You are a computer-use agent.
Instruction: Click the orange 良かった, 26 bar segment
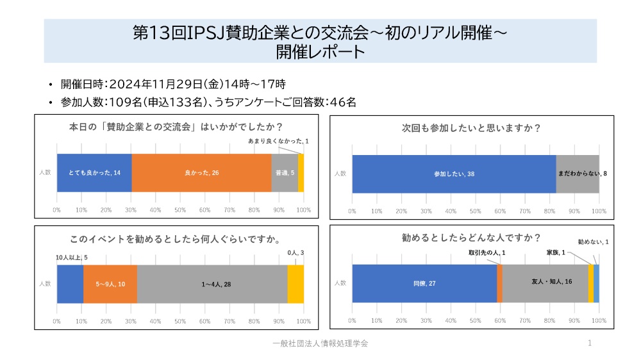click(x=201, y=173)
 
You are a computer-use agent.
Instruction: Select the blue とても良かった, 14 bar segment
click(x=94, y=173)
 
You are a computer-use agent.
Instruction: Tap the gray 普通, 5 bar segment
click(x=285, y=173)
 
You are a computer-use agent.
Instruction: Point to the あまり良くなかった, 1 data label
click(x=278, y=141)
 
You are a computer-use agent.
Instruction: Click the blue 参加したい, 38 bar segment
click(x=454, y=174)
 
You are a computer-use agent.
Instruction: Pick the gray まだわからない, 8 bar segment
click(x=578, y=174)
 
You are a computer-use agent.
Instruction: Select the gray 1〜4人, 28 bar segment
click(x=212, y=284)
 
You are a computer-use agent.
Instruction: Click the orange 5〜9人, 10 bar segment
click(x=110, y=284)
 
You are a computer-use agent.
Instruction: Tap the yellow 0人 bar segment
click(x=296, y=284)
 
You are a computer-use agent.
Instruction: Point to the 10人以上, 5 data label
click(x=71, y=257)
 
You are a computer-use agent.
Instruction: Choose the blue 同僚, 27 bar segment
click(x=424, y=282)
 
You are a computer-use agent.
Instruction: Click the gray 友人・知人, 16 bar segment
click(x=545, y=282)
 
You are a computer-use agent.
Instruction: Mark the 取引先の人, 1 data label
click(x=487, y=253)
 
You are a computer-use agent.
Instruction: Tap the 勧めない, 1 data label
click(x=593, y=242)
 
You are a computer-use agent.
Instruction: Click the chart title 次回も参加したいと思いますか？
click(x=471, y=127)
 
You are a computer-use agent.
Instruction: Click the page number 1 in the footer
click(x=589, y=344)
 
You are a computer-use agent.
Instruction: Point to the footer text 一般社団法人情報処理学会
click(x=320, y=344)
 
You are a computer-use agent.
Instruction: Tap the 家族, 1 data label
click(x=556, y=253)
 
